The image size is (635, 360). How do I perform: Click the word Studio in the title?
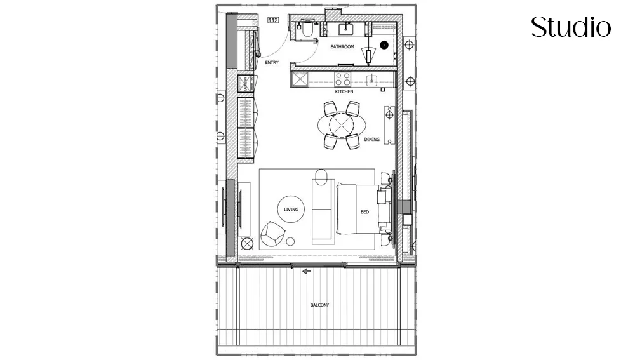coord(571,27)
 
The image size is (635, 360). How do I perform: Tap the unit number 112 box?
coord(274,21)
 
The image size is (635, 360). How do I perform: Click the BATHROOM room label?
coord(342,47)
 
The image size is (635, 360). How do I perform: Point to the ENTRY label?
coord(271,62)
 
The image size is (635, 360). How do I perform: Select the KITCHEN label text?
coord(344,92)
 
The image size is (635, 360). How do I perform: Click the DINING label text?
coord(371,140)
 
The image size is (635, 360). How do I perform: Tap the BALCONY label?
coord(319,305)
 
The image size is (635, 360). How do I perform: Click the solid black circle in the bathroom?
coord(384,45)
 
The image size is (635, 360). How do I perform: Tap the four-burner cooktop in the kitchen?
coord(344,79)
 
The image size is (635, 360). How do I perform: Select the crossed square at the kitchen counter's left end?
coord(299,79)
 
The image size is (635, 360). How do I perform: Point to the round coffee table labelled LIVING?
coord(291,209)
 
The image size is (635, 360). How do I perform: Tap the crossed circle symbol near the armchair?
coord(247,242)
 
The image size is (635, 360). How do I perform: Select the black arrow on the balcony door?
coord(307,272)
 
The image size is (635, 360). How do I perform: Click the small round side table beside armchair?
coord(291,241)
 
